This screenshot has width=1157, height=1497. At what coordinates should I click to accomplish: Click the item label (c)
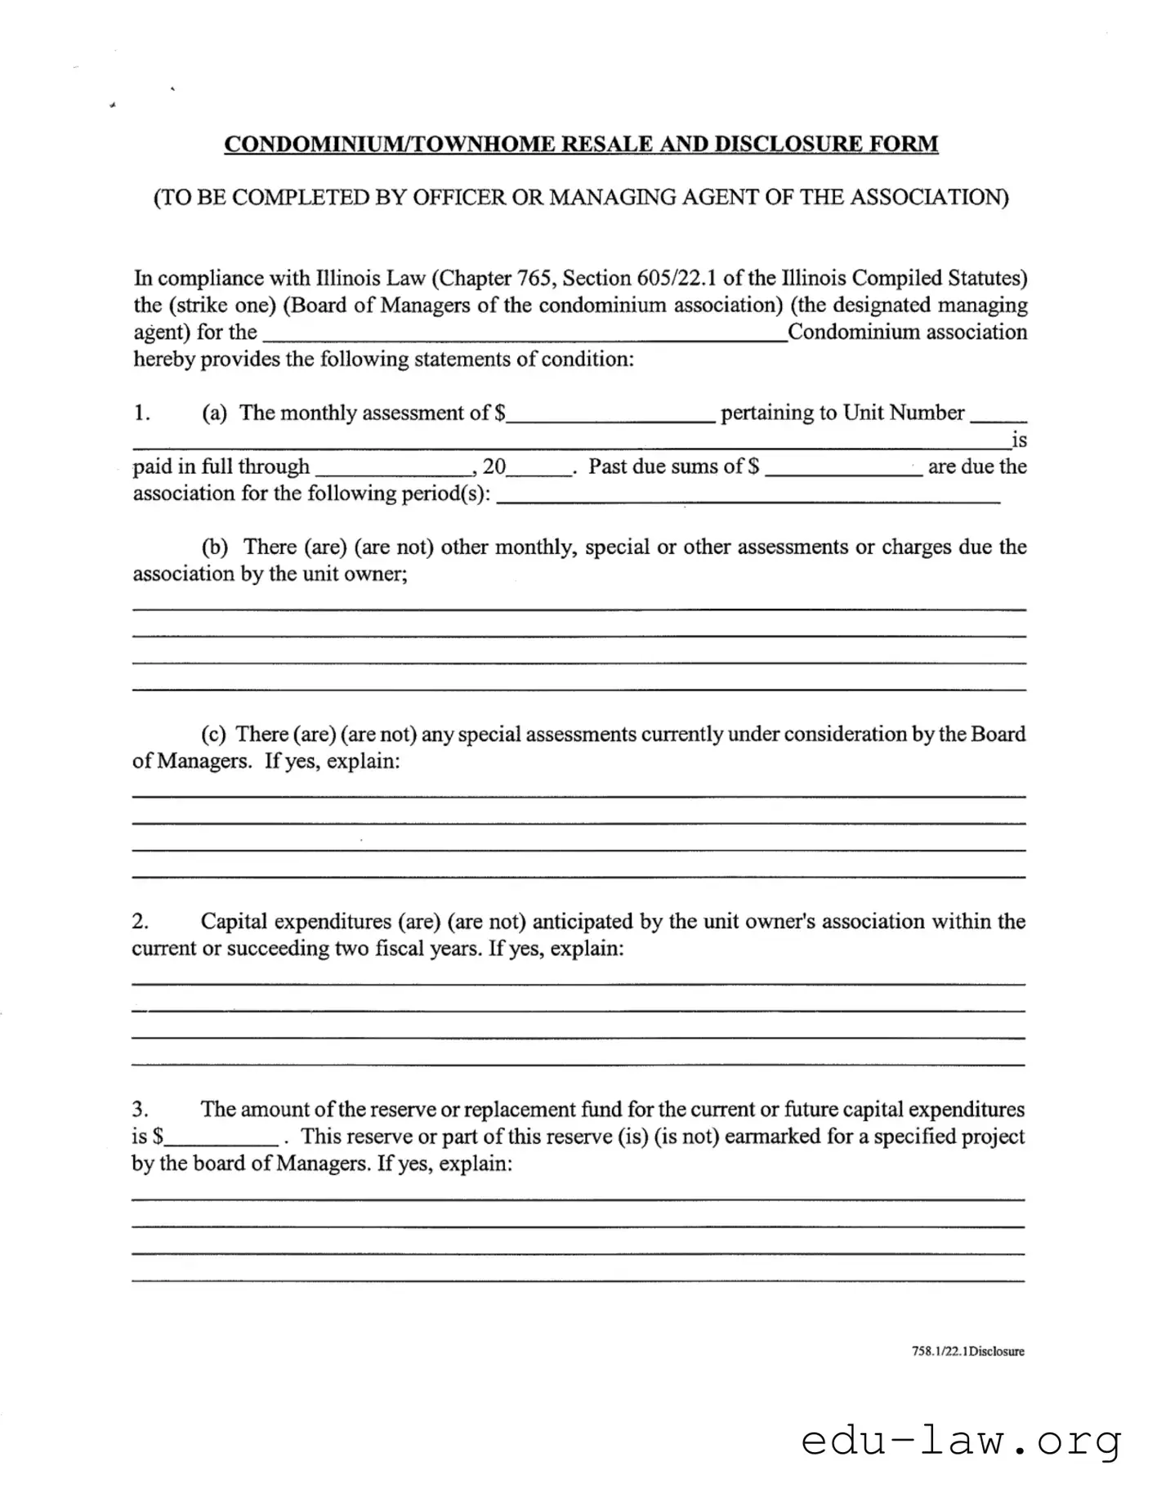coord(214,734)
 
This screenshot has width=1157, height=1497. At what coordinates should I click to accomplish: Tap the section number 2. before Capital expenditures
coord(140,922)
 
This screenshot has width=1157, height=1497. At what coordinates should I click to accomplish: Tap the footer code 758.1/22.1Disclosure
coord(967,1352)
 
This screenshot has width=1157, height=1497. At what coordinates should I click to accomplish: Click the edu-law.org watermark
coord(961,1441)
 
